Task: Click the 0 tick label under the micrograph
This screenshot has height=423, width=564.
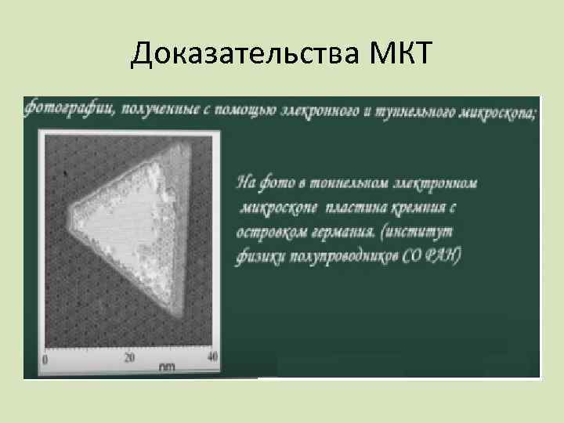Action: pyautogui.click(x=45, y=360)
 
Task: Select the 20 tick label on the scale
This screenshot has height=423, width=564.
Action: pyautogui.click(x=130, y=358)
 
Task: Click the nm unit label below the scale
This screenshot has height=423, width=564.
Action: pyautogui.click(x=166, y=367)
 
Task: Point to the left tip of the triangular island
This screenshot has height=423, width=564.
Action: pyautogui.click(x=68, y=211)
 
